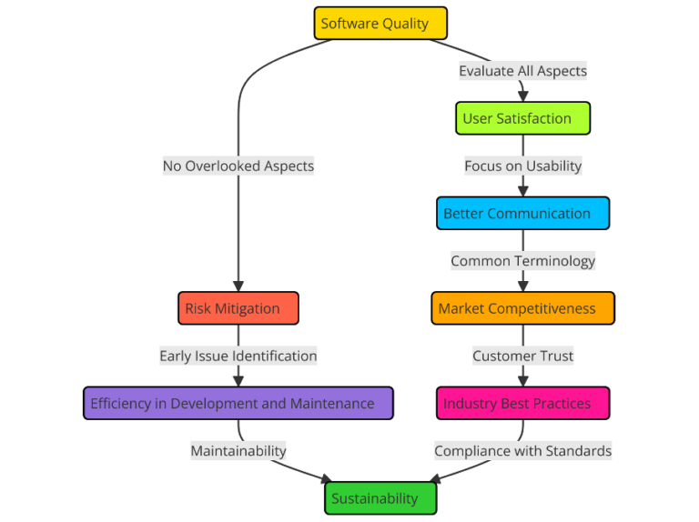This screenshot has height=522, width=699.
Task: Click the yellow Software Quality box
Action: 380,24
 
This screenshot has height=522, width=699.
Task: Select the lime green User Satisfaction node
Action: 522,118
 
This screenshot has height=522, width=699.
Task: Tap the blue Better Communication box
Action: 522,214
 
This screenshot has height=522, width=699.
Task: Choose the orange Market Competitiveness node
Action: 522,308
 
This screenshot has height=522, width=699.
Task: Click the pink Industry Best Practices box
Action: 522,403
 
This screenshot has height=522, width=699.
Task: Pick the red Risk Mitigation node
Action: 238,308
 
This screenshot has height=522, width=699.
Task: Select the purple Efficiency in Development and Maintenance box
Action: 238,403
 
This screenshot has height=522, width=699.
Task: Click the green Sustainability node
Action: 380,498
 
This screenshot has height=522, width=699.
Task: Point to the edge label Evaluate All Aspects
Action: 522,71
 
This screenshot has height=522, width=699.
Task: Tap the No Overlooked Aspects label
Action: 238,166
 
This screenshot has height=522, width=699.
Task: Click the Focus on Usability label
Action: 522,166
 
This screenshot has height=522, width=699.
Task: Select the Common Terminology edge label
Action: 522,261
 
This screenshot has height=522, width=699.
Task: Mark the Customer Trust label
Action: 522,356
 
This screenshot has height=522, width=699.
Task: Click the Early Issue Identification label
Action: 238,356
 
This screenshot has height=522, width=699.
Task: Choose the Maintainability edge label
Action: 238,450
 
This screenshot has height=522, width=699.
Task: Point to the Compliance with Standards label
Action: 522,450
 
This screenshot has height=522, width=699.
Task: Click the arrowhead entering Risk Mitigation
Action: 238,286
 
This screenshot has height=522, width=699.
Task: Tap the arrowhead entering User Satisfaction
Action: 522,95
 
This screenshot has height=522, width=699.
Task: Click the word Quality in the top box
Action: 405,24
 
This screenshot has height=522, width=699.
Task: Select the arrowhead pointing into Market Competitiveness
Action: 522,286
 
